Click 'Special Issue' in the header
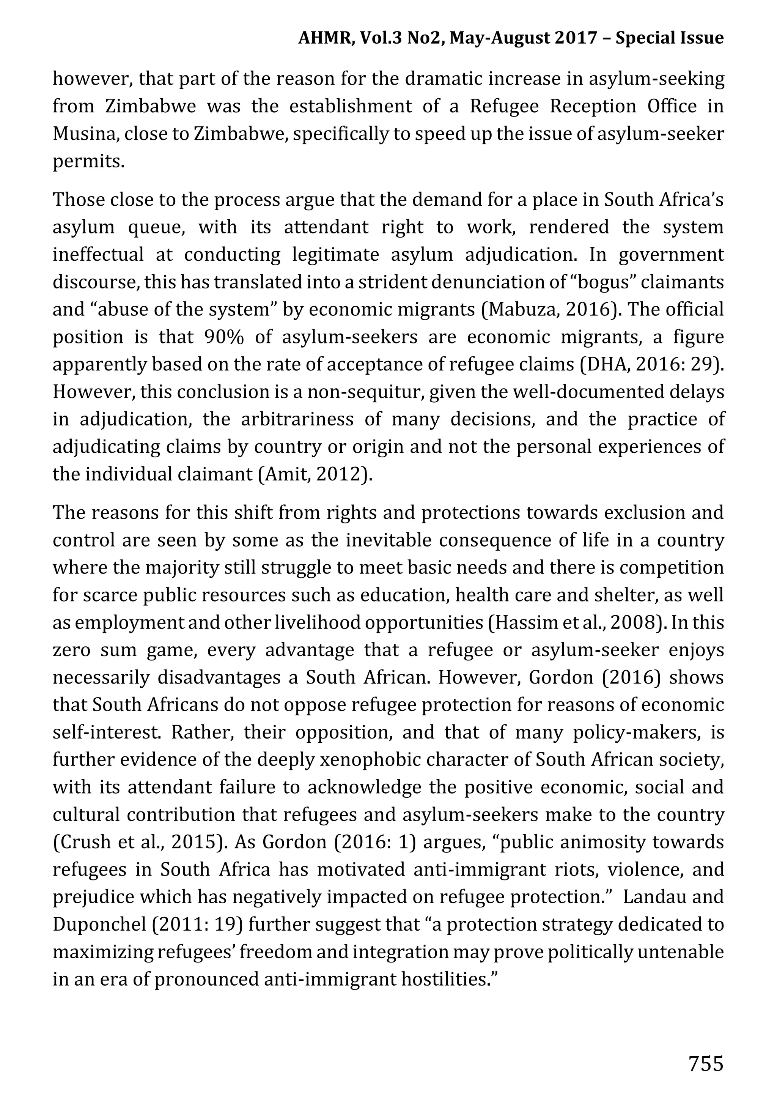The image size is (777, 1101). coord(669,38)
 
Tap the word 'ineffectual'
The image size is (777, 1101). coord(98,255)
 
